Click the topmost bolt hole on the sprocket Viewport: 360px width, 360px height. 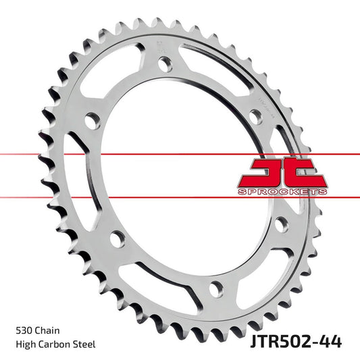click(x=165, y=63)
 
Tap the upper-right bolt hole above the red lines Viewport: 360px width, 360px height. click(x=255, y=115)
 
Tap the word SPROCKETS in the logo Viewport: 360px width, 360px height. click(x=282, y=192)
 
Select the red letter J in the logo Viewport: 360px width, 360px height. click(x=259, y=172)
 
